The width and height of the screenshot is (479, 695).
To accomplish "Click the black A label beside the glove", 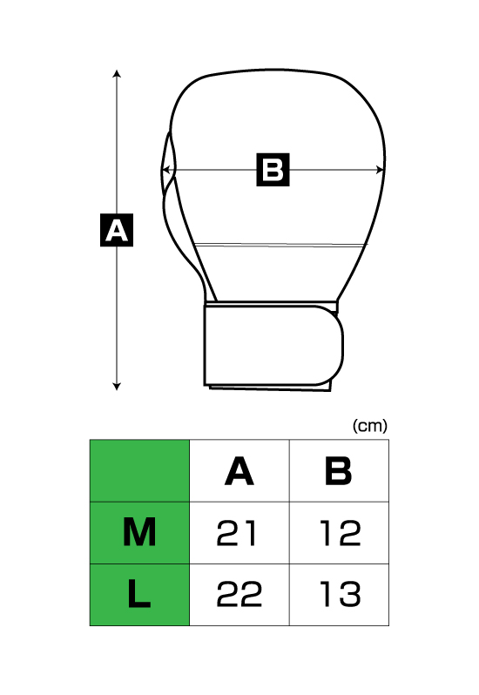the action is (x=117, y=230).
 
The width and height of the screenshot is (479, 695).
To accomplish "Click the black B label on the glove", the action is (x=273, y=170).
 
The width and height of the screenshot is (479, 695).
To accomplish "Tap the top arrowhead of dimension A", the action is (x=117, y=72).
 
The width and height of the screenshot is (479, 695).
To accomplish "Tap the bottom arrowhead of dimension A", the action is (x=117, y=387).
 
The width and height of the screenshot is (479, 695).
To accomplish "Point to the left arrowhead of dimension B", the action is (x=165, y=170).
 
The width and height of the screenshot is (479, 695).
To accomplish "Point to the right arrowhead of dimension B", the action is (x=381, y=170).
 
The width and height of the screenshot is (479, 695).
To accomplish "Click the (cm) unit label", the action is (x=370, y=426).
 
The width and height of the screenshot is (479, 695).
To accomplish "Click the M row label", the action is (x=139, y=533).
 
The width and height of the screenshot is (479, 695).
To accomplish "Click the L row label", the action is (x=139, y=595).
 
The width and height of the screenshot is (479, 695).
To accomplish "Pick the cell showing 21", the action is (x=239, y=533).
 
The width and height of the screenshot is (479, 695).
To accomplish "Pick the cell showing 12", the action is (x=339, y=533).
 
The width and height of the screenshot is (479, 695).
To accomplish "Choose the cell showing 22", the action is (x=239, y=595).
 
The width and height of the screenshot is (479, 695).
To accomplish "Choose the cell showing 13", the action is (x=339, y=595).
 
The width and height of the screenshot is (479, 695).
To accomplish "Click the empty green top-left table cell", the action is (x=139, y=470).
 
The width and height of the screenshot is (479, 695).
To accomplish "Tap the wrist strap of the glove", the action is (x=273, y=346).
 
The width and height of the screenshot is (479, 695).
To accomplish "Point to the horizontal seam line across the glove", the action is (x=281, y=244).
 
